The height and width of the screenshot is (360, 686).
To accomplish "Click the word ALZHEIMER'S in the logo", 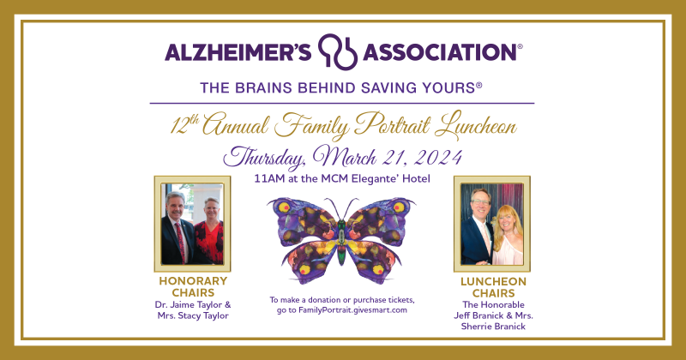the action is tap(238, 52).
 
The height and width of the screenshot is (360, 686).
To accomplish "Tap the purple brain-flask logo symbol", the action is tap(337, 51).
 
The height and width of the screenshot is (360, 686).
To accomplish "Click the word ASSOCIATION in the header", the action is tap(440, 52).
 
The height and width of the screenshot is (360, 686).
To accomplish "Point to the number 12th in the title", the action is tap(184, 125).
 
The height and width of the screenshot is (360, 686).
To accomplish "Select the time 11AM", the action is tap(269, 179).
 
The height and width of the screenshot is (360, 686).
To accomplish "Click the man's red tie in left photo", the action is tap(180, 242).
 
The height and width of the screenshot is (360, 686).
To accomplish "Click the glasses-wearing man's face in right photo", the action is tap(480, 202).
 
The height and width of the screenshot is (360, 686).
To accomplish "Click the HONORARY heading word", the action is tap(193, 281).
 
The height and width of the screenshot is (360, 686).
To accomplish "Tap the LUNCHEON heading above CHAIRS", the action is tap(493, 282).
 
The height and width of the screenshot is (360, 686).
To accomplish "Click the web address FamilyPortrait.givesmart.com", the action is tap(352, 310).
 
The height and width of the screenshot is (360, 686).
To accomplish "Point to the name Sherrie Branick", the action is tap(493, 327).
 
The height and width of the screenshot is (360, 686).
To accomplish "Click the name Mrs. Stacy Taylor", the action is tap(193, 315).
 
